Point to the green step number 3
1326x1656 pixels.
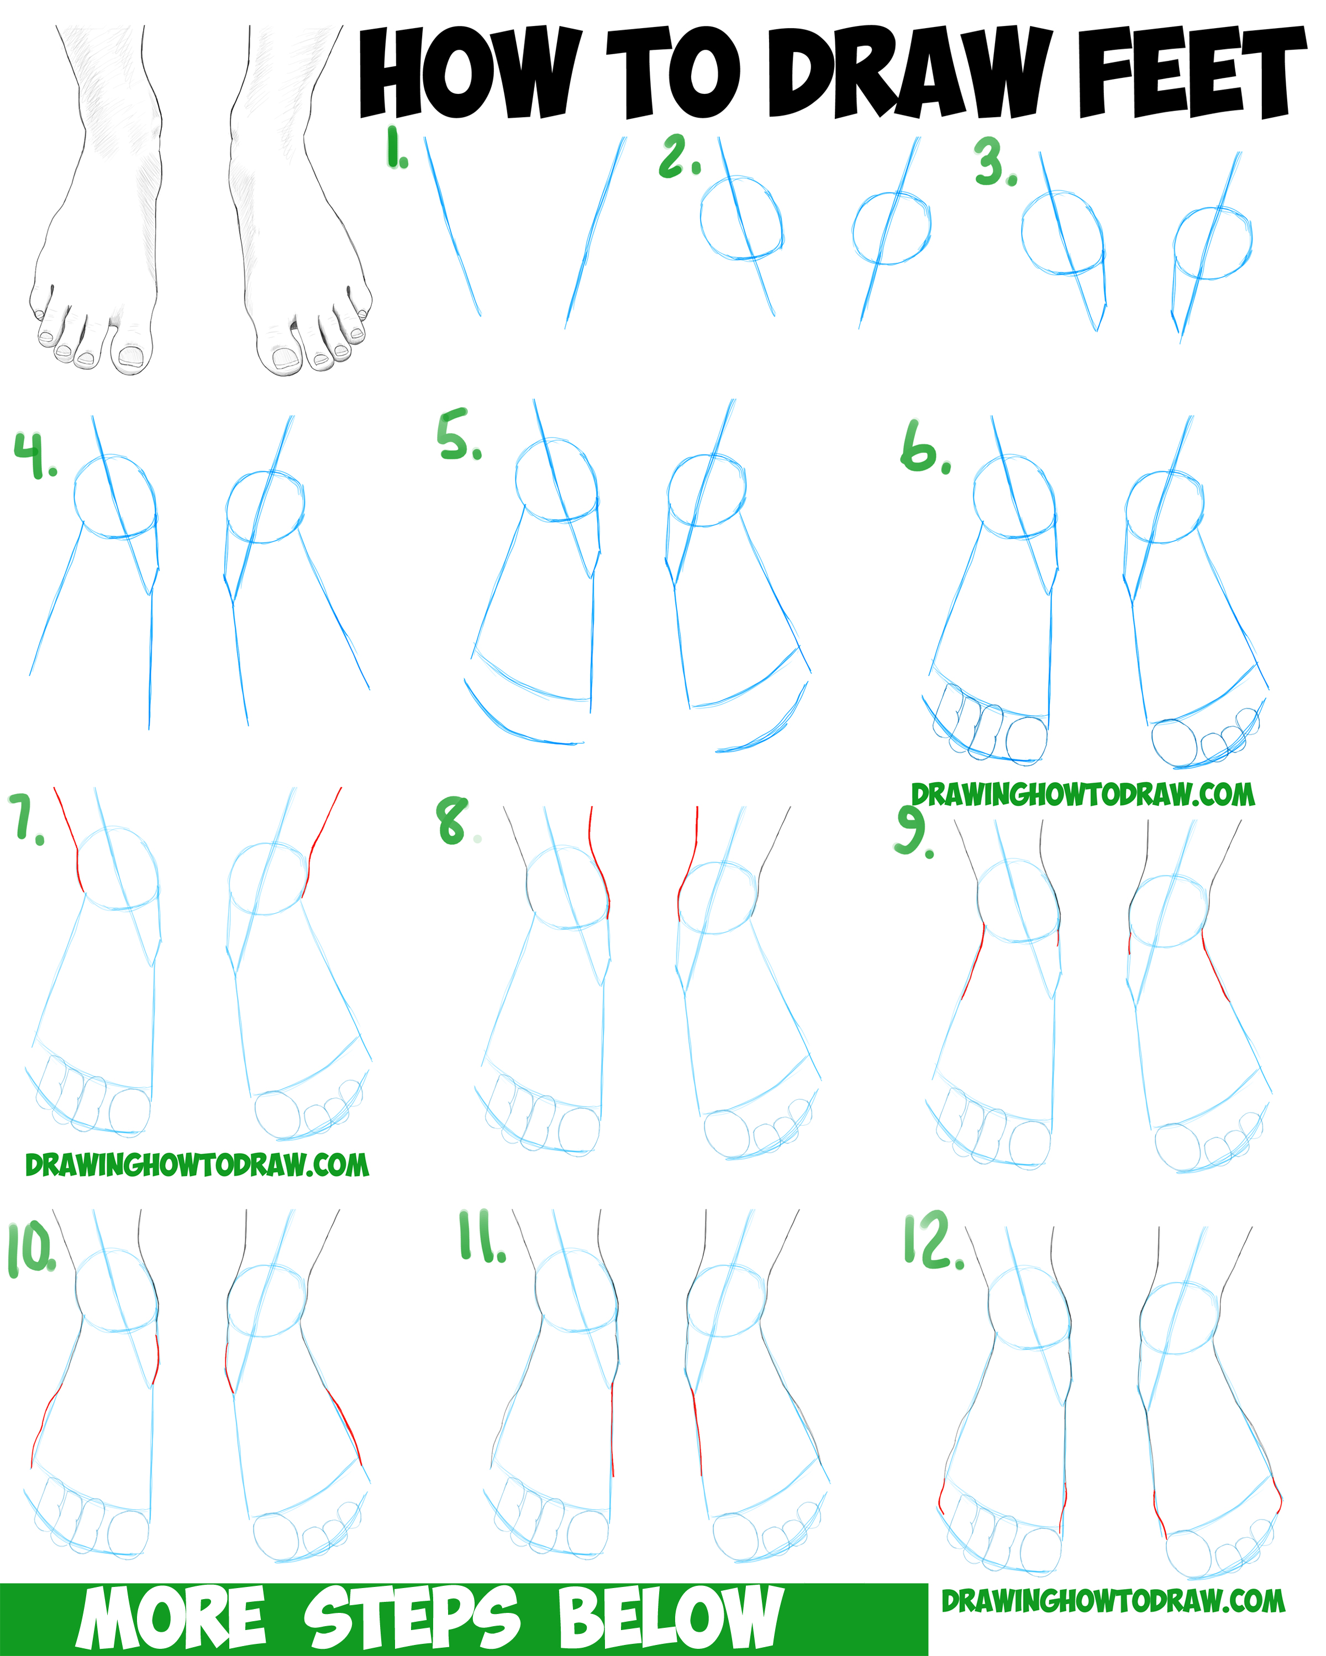pos(996,161)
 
